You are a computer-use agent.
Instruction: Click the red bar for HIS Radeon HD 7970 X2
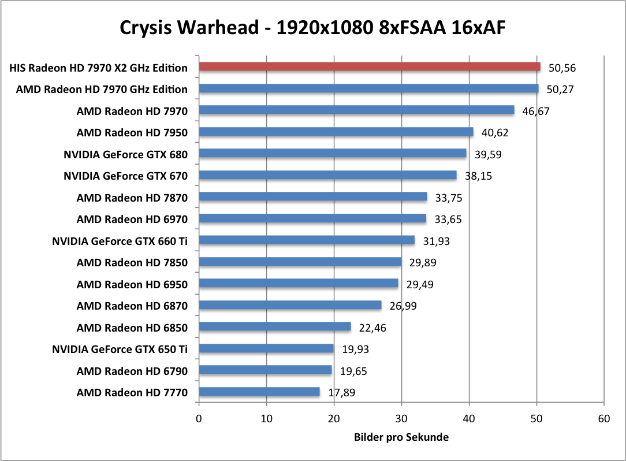370,67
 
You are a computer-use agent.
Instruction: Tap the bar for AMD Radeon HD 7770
259,392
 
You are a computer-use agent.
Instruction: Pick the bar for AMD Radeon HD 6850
275,327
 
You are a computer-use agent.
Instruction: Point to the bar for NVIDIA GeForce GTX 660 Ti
307,240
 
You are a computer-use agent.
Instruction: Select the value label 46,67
536,110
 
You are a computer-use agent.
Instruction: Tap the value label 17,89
341,393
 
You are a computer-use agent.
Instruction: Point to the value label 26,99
403,306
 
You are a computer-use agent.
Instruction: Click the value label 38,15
478,176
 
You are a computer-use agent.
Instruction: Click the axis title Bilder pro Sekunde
401,437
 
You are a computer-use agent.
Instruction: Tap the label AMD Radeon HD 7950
132,132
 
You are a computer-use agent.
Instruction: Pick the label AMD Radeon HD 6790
132,371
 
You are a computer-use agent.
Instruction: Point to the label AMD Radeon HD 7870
132,198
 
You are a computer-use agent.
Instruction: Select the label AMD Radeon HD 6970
132,219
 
